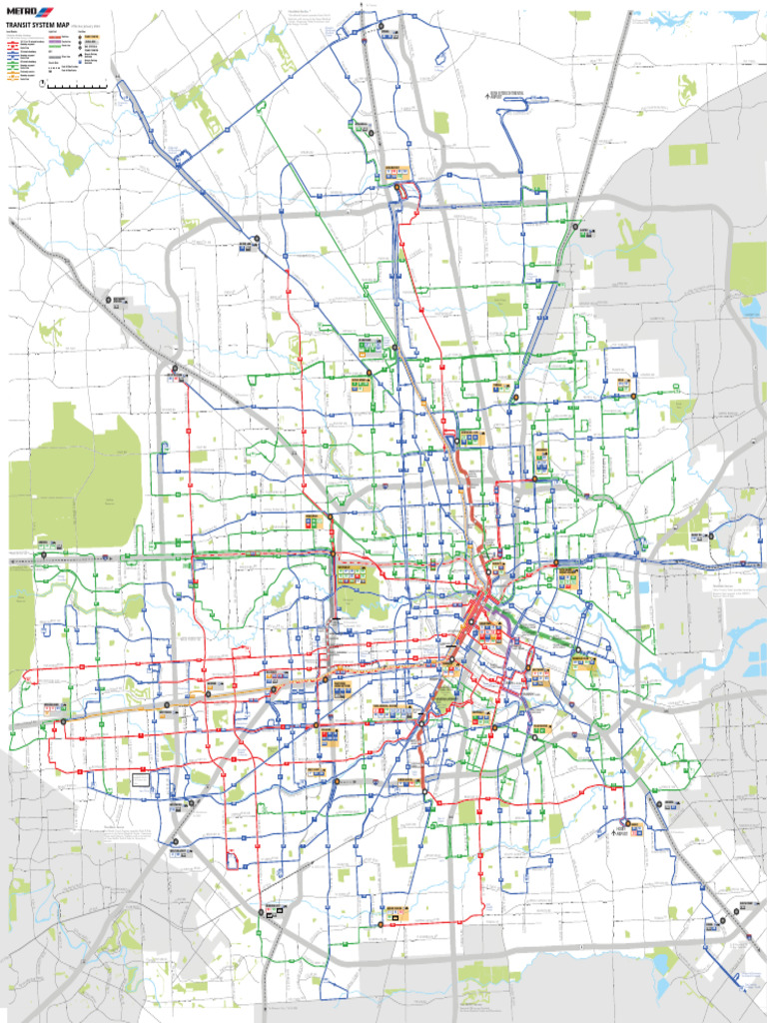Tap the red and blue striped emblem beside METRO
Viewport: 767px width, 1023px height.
45,11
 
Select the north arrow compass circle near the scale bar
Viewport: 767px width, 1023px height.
42,85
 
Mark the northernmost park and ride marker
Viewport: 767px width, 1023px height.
382,28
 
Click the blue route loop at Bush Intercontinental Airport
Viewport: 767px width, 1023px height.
515,101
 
